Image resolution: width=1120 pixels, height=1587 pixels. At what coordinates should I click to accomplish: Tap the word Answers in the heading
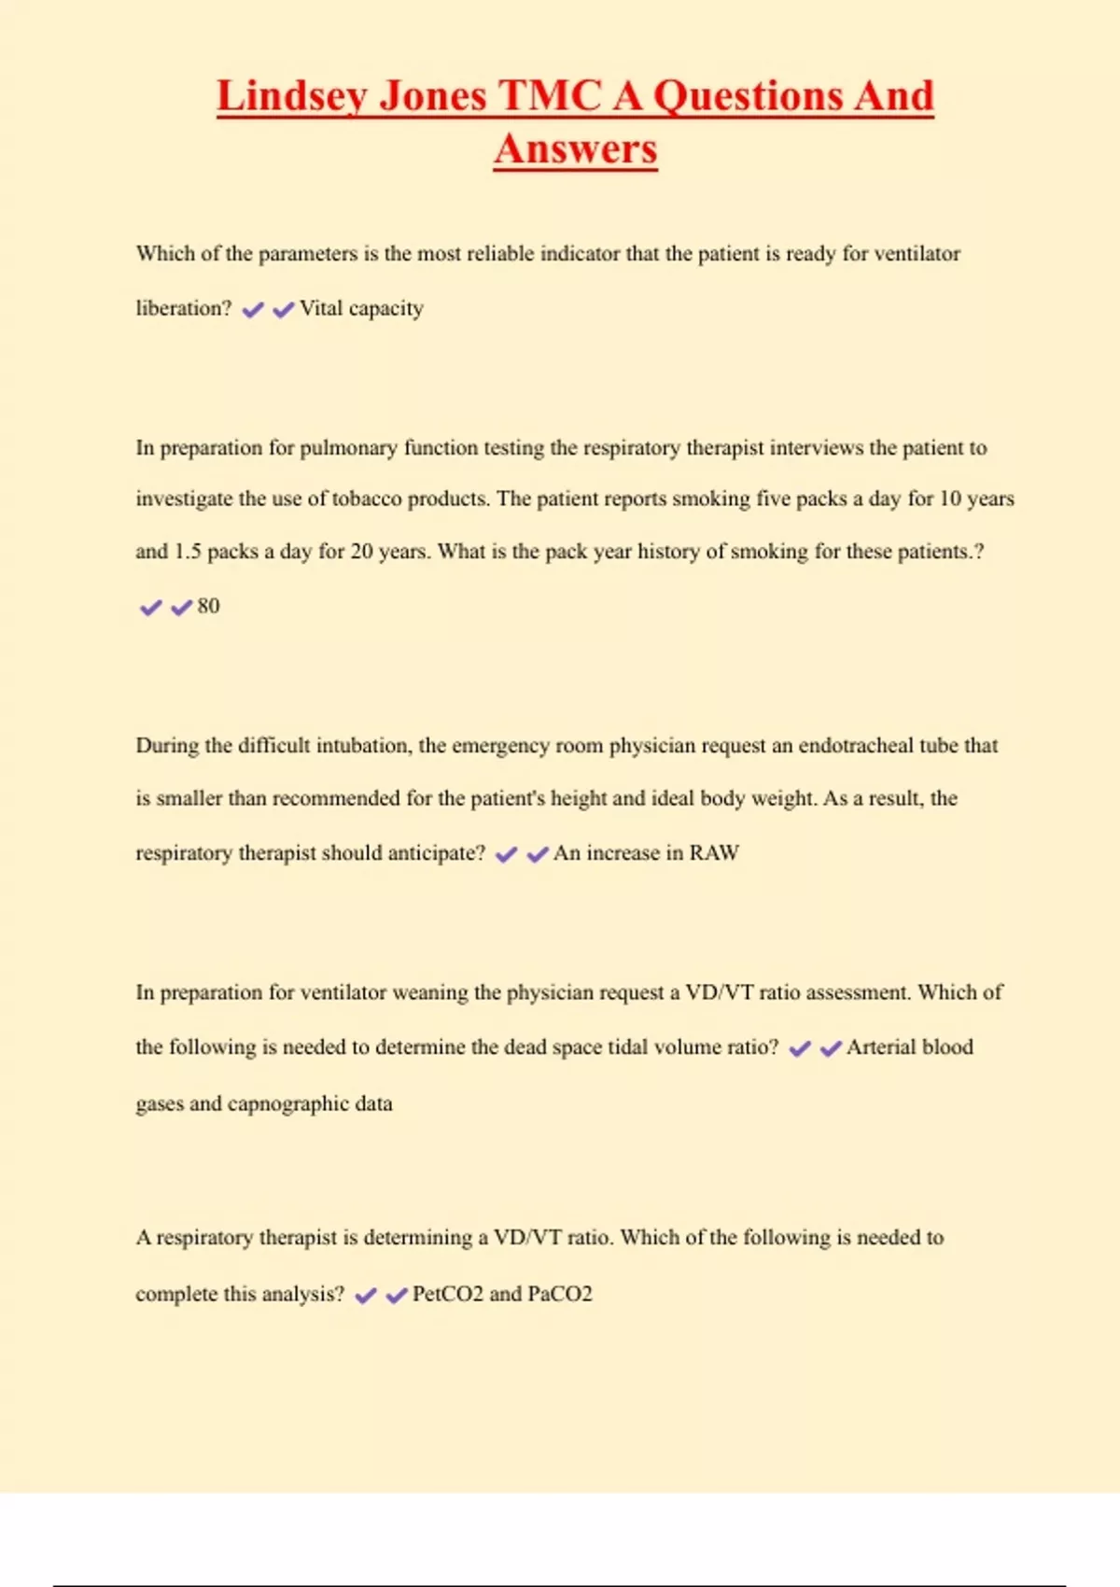pyautogui.click(x=576, y=149)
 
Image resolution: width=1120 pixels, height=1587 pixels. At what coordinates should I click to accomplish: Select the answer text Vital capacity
pyautogui.click(x=361, y=308)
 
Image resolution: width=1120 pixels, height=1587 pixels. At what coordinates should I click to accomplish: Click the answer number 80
pyautogui.click(x=208, y=606)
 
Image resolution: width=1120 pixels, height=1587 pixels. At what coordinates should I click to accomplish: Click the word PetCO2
pyautogui.click(x=447, y=1294)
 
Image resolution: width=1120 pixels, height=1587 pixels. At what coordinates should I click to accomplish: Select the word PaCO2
pyautogui.click(x=560, y=1294)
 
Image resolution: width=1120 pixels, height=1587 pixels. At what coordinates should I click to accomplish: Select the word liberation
pyautogui.click(x=180, y=308)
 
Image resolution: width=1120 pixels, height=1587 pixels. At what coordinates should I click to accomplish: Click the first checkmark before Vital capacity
pyautogui.click(x=252, y=310)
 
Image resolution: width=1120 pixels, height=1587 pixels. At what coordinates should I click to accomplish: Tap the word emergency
pyautogui.click(x=500, y=746)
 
